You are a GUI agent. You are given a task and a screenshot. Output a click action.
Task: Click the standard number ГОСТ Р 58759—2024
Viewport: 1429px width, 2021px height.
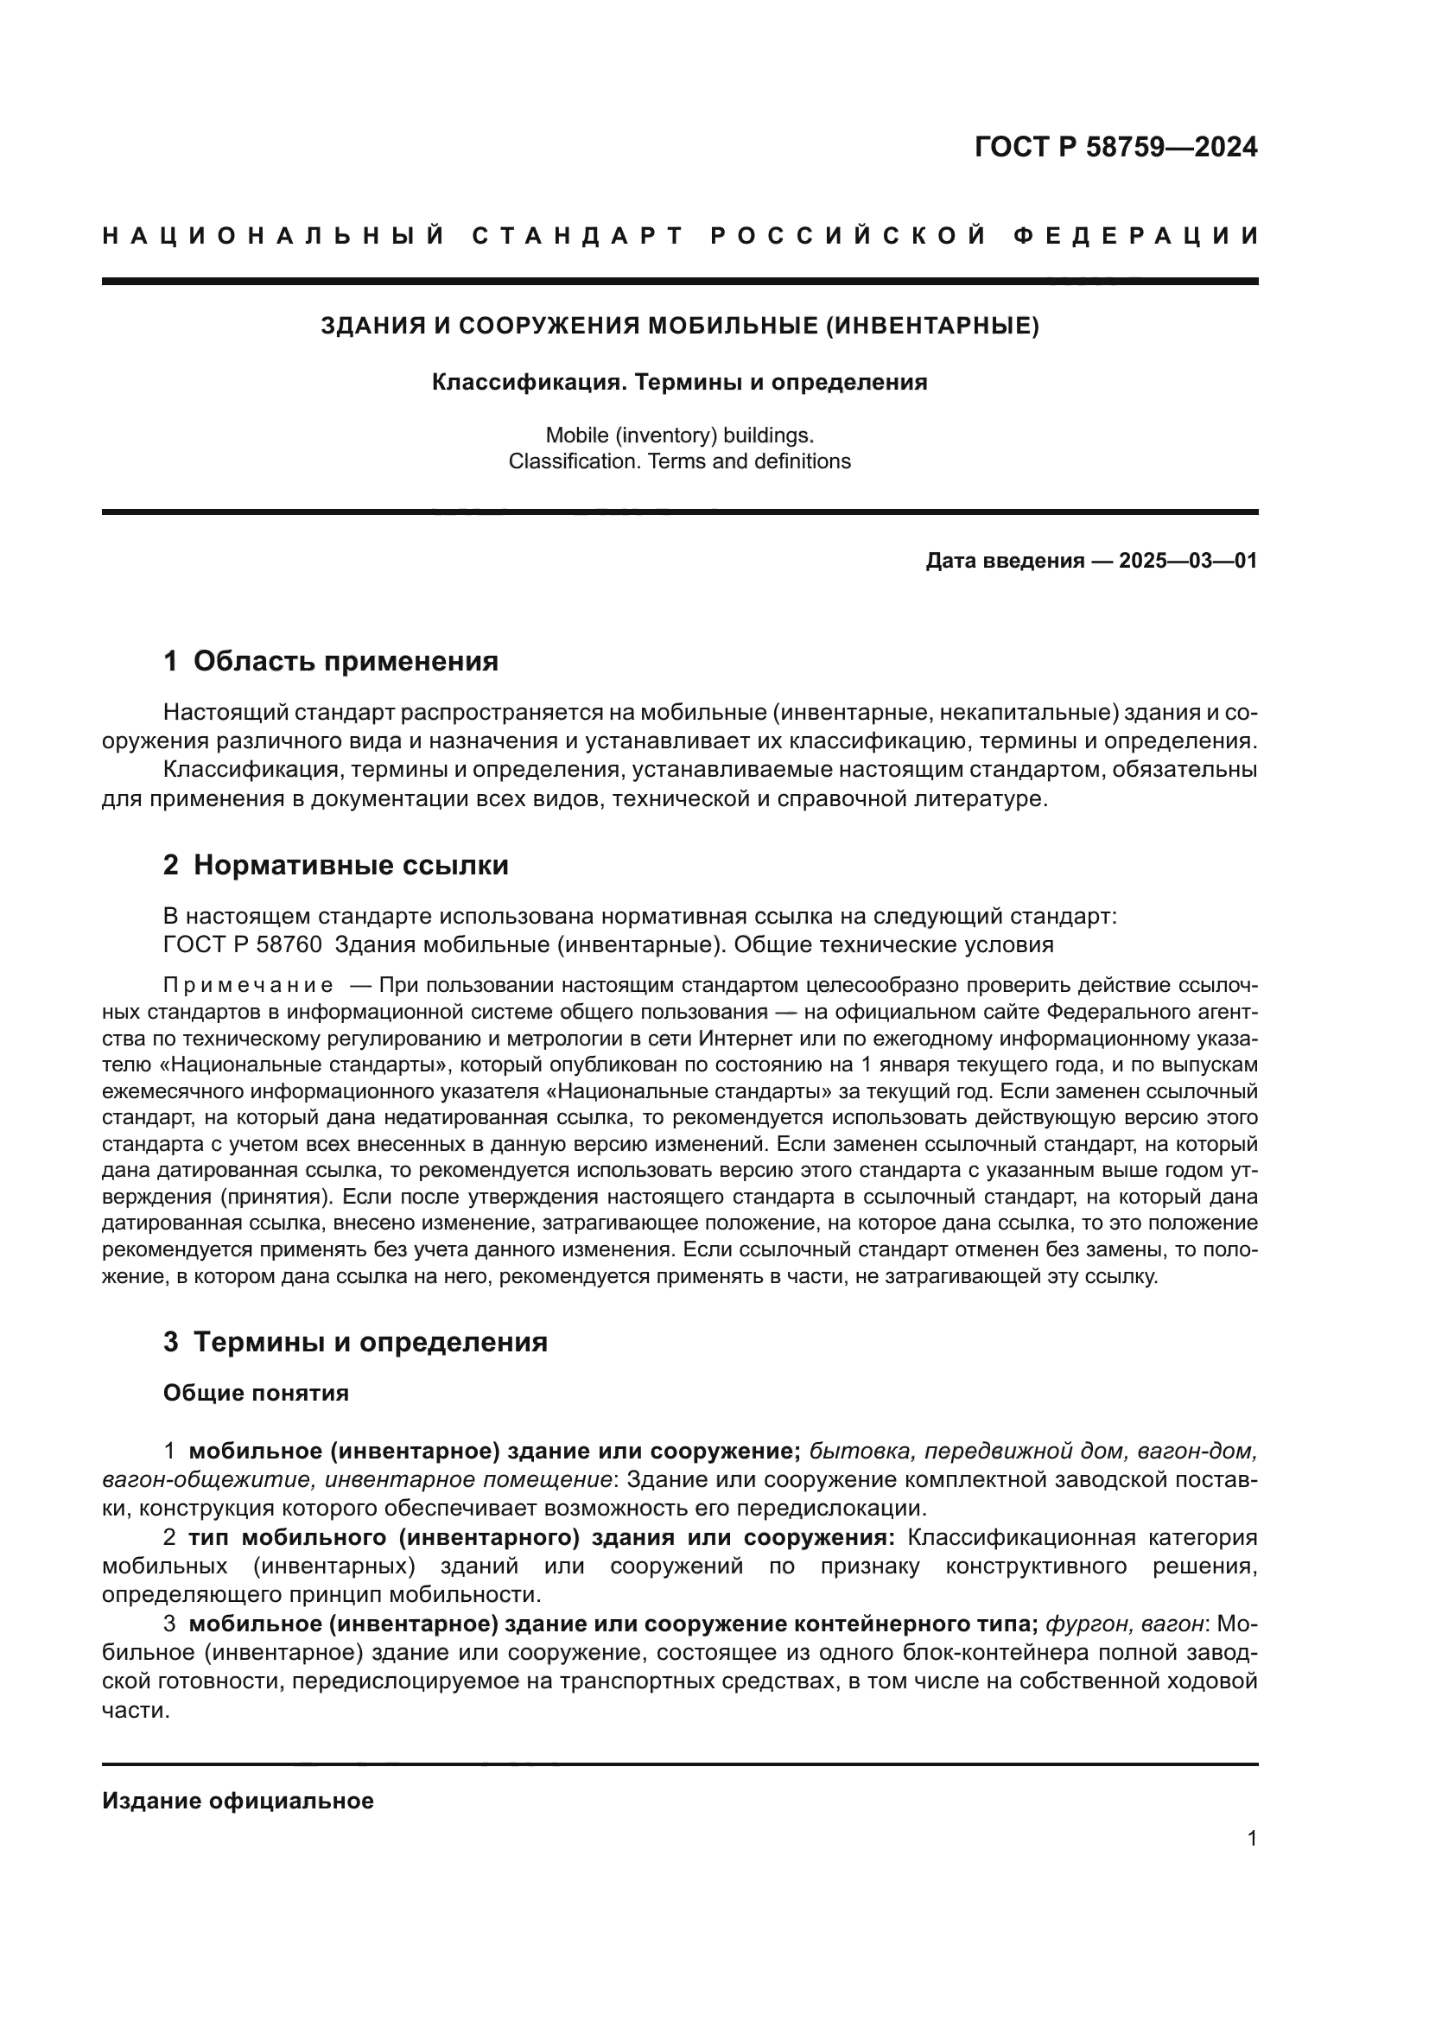coord(1115,147)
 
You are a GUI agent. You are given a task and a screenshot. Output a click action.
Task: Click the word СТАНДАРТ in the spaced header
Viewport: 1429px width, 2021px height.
coord(577,236)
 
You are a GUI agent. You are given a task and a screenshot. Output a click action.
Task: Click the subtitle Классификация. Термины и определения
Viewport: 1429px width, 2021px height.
coord(679,383)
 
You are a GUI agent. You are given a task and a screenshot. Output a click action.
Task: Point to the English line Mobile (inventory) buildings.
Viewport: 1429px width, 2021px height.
coord(679,435)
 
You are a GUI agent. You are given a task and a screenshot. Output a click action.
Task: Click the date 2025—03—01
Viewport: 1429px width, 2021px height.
coord(1188,561)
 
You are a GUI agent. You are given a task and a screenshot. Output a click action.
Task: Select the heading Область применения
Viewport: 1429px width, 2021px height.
coord(345,661)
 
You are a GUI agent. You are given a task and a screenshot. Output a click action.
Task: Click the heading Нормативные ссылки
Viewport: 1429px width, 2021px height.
coord(350,865)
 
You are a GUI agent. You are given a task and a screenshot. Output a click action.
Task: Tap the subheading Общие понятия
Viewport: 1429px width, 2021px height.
coord(256,1393)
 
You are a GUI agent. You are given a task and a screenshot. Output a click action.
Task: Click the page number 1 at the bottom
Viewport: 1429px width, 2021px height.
coord(1252,1838)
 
